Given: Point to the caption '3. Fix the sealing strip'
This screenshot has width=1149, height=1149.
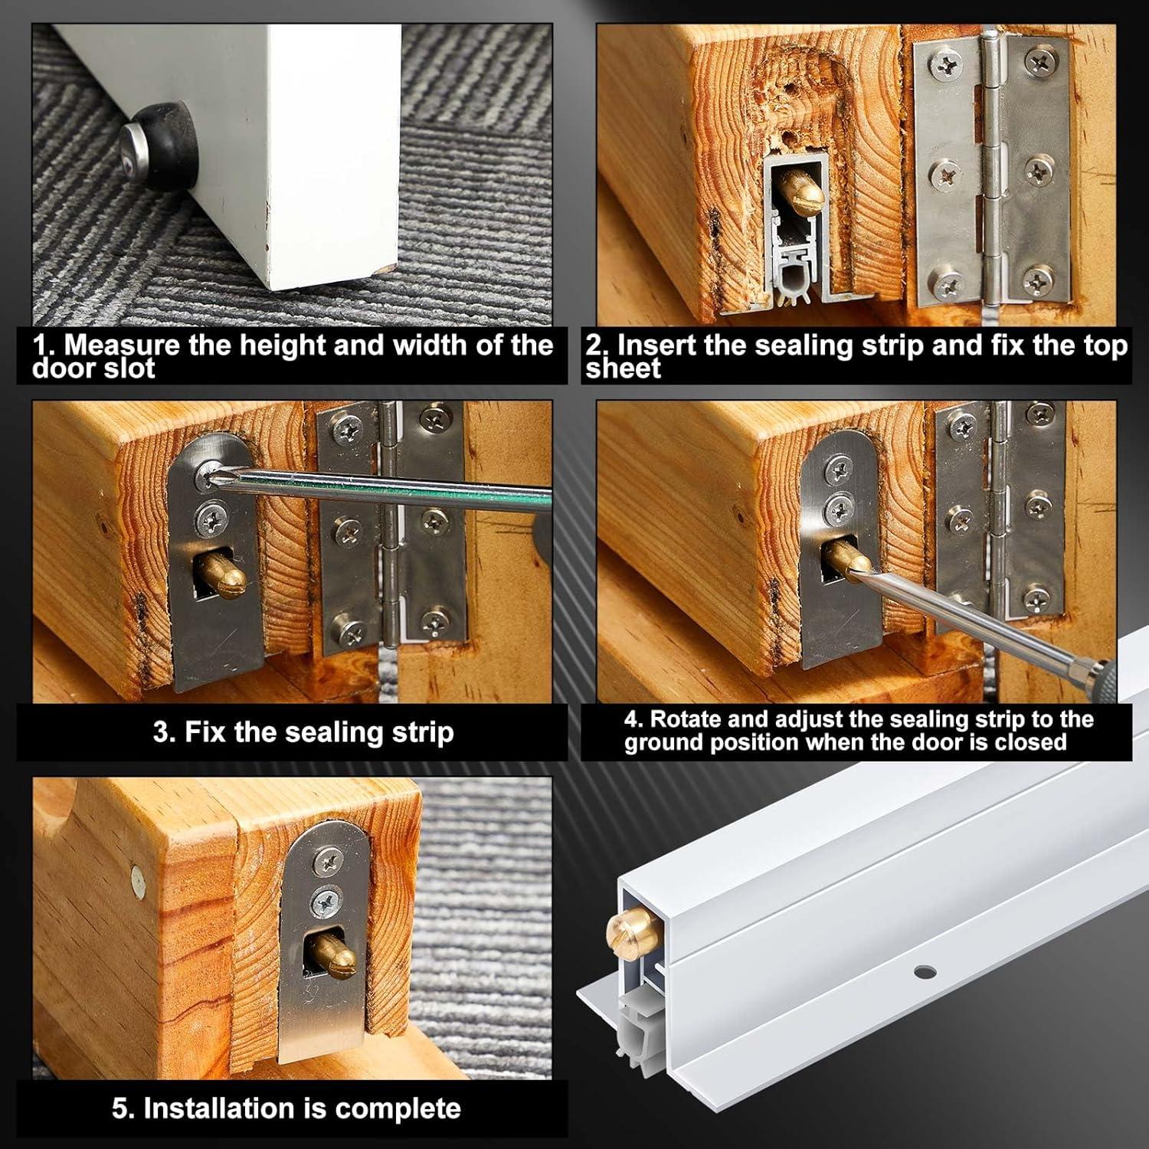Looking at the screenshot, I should click(x=303, y=732).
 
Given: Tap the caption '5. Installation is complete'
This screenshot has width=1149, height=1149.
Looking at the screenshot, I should click(x=286, y=1108).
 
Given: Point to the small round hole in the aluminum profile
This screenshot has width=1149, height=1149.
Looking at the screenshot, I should click(x=924, y=971).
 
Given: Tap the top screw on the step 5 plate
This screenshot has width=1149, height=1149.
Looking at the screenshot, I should click(x=324, y=863).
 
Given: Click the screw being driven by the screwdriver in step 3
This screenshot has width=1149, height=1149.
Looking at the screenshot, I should click(x=205, y=480).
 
